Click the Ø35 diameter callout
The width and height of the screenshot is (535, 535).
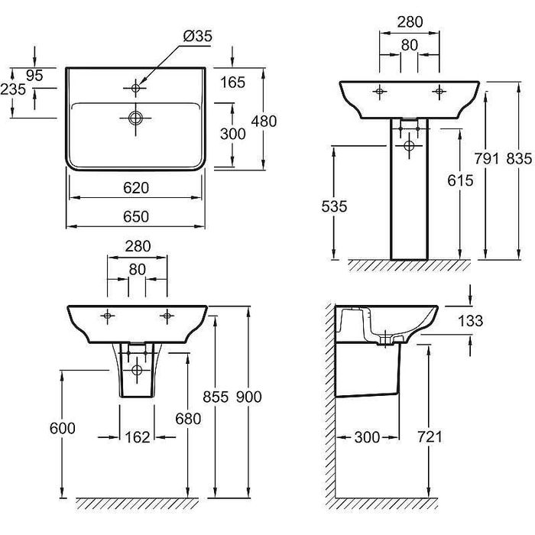tap(197, 36)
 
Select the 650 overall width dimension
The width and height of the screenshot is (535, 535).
tap(136, 216)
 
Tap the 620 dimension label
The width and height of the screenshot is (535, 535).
tap(136, 188)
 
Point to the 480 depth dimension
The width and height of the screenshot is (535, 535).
tap(264, 122)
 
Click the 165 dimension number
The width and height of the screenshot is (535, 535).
tap(232, 83)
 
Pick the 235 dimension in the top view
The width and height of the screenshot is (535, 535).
tap(13, 89)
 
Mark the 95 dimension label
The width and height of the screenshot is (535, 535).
tap(34, 76)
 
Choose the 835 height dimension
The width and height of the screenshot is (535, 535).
tap(519, 159)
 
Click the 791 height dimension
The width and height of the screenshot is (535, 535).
tap(487, 159)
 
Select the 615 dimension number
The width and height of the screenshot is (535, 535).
tap(460, 181)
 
